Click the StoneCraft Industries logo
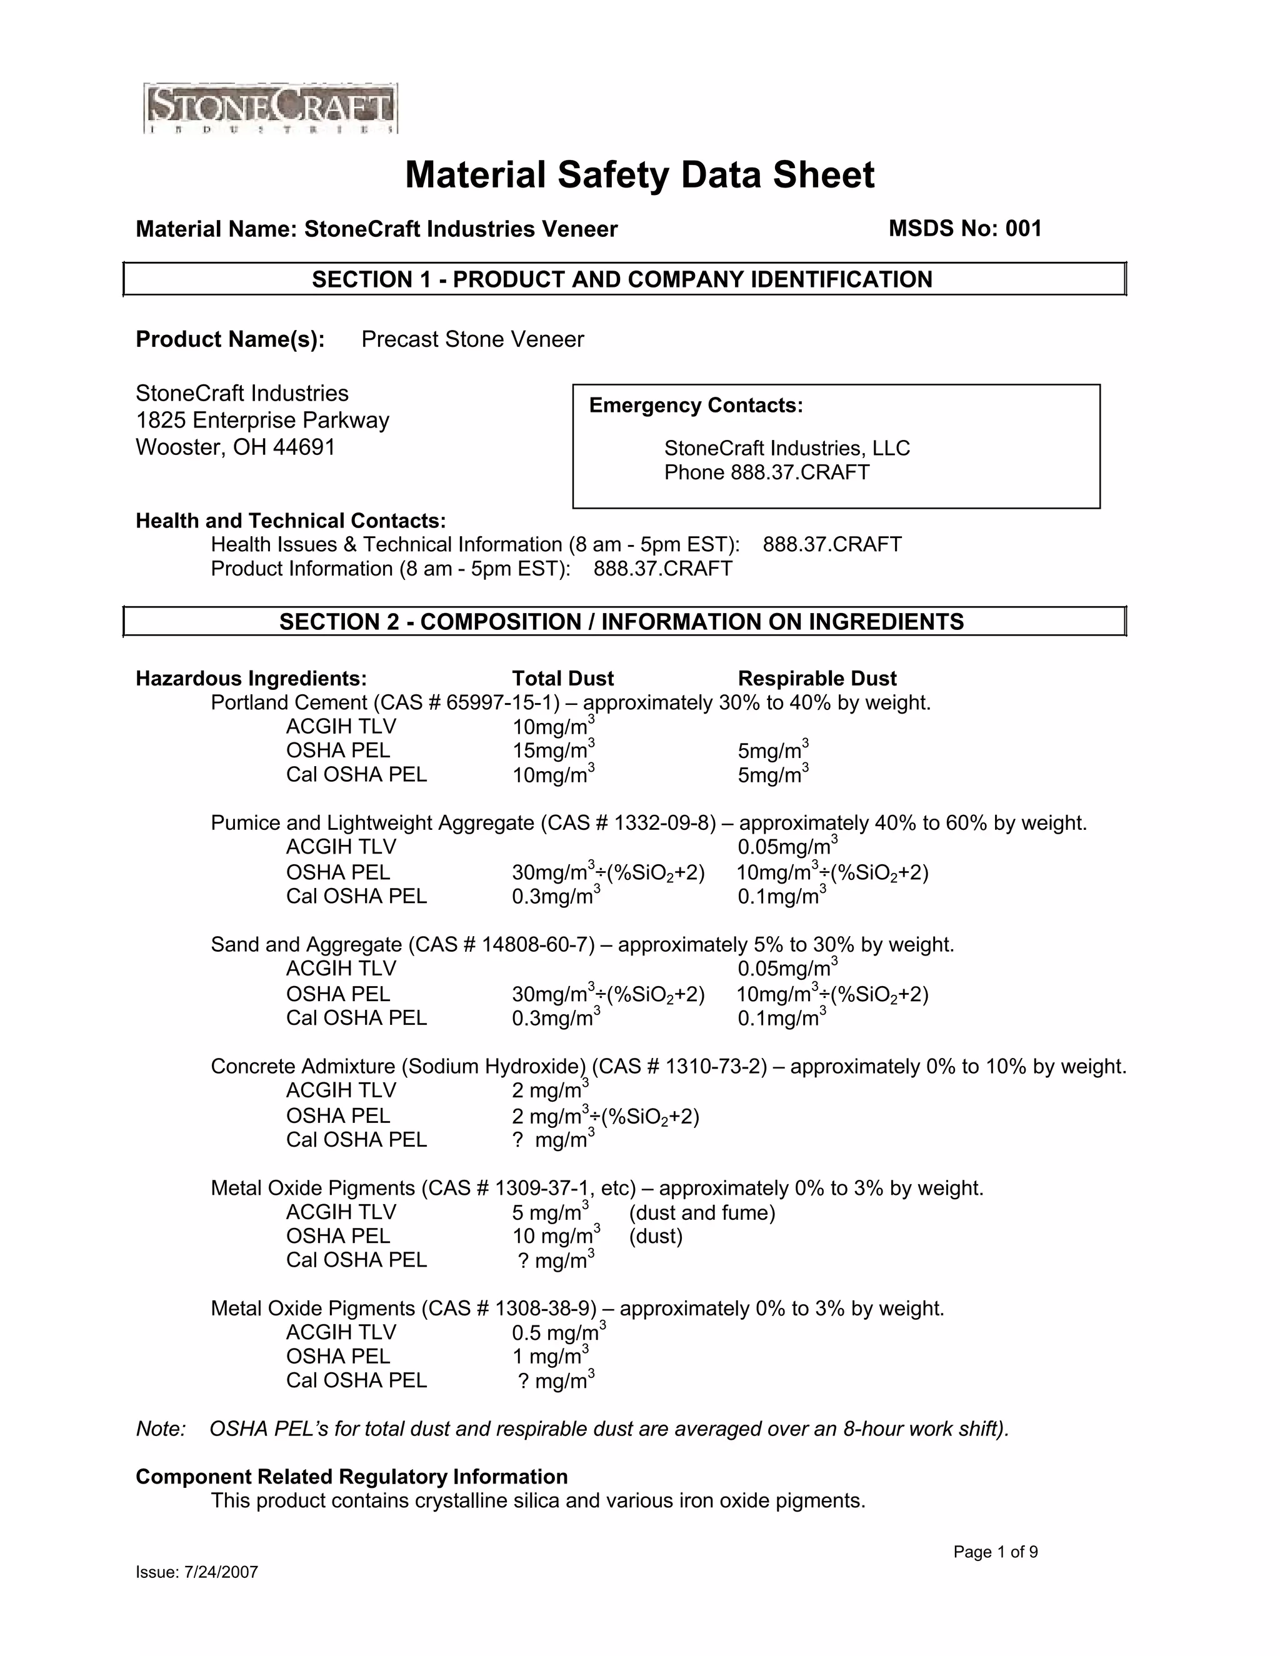pyautogui.click(x=271, y=109)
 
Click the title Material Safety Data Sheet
pyautogui.click(x=639, y=175)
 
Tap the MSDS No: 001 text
pyautogui.click(x=964, y=228)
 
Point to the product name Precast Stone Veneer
pyautogui.click(x=472, y=339)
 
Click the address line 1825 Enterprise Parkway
pyautogui.click(x=262, y=420)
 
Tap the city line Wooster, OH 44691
pyautogui.click(x=235, y=447)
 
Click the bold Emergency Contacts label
pyautogui.click(x=696, y=406)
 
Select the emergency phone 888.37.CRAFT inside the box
pyautogui.click(x=799, y=472)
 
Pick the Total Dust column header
pyautogui.click(x=562, y=679)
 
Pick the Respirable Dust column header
pyautogui.click(x=817, y=679)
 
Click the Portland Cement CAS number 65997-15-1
pyautogui.click(x=502, y=703)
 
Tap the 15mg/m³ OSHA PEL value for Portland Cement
pyautogui.click(x=552, y=751)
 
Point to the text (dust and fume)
pyautogui.click(x=701, y=1213)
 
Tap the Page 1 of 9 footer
pyautogui.click(x=995, y=1552)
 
